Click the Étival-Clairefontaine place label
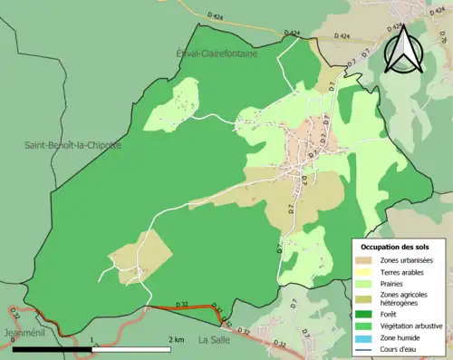tap(217, 54)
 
